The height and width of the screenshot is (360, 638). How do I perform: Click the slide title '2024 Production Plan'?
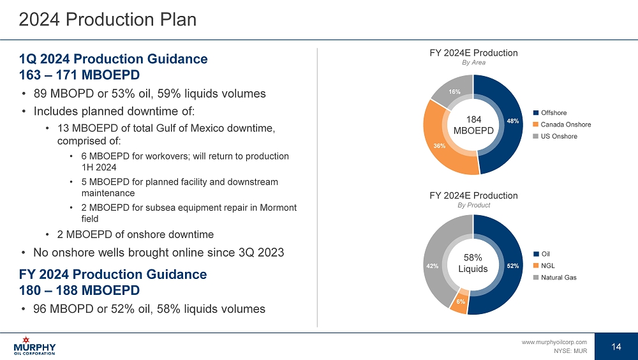click(x=107, y=20)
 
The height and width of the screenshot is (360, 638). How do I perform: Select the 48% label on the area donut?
click(x=512, y=120)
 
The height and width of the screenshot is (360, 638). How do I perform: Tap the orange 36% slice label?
click(x=439, y=146)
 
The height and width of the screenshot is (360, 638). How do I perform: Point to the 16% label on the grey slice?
click(x=454, y=93)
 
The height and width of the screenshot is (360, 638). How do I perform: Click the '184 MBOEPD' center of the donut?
click(x=473, y=125)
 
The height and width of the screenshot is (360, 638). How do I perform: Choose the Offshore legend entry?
click(x=554, y=113)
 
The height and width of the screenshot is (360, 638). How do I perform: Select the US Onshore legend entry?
click(x=559, y=136)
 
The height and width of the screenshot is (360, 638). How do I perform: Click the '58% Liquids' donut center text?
click(x=473, y=263)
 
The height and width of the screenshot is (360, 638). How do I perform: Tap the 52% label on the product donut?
click(x=512, y=266)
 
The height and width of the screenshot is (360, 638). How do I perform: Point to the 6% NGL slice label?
click(x=460, y=302)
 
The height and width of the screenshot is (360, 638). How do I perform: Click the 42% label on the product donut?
click(x=432, y=266)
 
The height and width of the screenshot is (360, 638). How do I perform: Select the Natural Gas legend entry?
click(x=558, y=277)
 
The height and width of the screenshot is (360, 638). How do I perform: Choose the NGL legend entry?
click(x=548, y=266)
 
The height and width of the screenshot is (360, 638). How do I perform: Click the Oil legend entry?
click(x=545, y=254)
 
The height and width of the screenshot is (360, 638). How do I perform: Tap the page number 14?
click(x=616, y=347)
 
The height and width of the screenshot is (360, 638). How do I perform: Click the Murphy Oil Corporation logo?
click(x=34, y=345)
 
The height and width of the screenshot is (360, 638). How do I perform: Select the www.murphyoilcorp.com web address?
click(x=554, y=342)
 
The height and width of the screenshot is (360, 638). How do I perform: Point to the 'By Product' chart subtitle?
click(x=473, y=206)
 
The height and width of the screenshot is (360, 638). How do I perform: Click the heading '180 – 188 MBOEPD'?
click(x=80, y=290)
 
